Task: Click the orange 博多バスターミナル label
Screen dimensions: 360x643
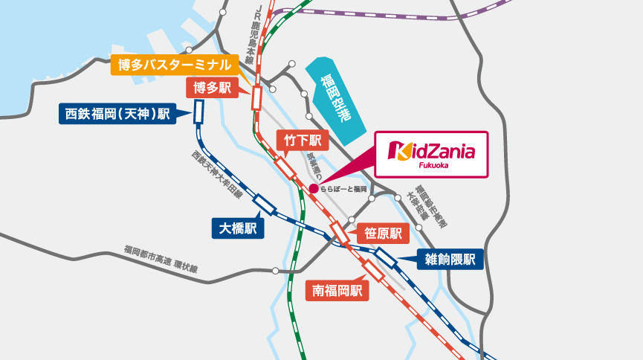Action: (x=175, y=65)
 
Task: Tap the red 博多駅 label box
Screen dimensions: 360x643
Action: (x=212, y=89)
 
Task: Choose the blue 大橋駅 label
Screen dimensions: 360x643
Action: (x=238, y=228)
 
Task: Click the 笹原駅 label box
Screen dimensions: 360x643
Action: (x=383, y=234)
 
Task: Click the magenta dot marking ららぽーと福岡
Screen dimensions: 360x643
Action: (x=314, y=189)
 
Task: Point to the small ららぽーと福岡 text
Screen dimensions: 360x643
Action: (x=343, y=189)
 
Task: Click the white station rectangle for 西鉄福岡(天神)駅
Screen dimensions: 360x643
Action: (x=199, y=112)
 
